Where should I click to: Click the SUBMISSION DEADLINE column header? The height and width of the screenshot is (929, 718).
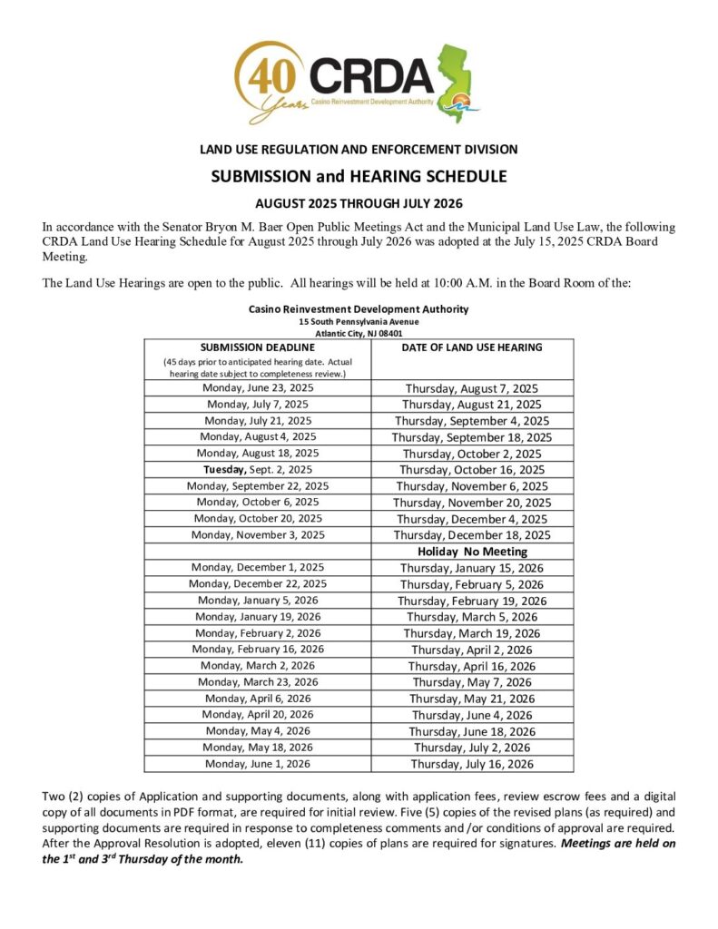coord(258,347)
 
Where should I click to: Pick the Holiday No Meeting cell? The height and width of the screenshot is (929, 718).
coord(472,552)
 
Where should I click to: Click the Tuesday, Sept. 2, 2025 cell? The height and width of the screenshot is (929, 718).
coord(258,470)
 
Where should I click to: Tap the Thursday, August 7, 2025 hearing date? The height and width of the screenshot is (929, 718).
coord(472,388)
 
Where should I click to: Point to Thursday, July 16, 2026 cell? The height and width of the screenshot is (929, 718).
coord(472,764)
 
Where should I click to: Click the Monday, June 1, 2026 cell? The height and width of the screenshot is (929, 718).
coord(258,764)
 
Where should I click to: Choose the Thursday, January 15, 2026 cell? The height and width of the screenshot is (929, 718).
coord(472,568)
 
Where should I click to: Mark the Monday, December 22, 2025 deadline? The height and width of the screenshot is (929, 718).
coord(258,584)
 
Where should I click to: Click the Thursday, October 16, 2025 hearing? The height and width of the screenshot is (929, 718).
coord(472,470)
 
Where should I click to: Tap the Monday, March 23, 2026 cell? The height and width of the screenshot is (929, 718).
coord(258,682)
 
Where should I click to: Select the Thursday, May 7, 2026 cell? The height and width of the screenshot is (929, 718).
coord(472,682)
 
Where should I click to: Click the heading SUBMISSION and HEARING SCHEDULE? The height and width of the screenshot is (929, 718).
coord(359,176)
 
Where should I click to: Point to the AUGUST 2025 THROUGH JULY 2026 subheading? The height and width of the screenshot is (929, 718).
coord(359,205)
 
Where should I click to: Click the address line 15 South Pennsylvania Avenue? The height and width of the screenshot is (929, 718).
coord(359,321)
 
